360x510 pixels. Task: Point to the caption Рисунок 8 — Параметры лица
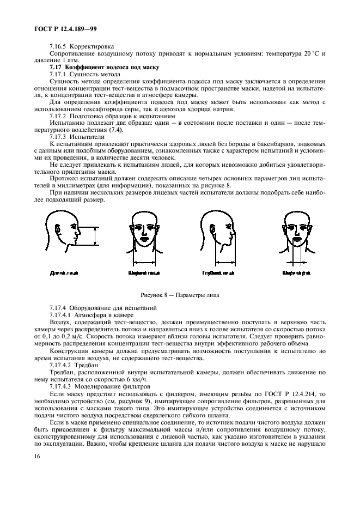pos(179,295)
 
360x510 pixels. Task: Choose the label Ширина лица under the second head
pos(143,271)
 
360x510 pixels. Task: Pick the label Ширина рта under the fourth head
pos(295,271)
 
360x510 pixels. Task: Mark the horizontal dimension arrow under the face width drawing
pos(144,262)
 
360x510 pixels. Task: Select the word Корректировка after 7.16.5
pos(91,47)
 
